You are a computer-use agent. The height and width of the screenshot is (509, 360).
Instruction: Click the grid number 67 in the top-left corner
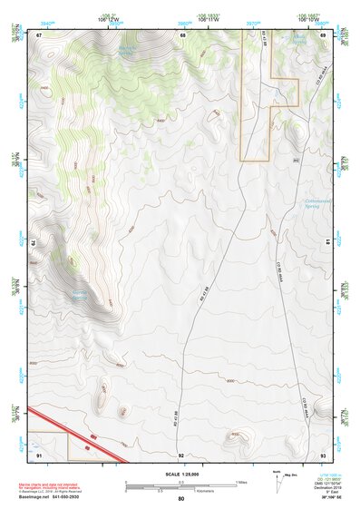pyautogui.click(x=39, y=35)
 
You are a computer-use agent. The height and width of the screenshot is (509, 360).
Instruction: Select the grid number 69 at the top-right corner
pyautogui.click(x=323, y=35)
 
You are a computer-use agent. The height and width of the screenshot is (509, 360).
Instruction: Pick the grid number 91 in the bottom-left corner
pyautogui.click(x=39, y=454)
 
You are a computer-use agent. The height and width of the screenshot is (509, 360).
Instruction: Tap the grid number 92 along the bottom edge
pyautogui.click(x=181, y=454)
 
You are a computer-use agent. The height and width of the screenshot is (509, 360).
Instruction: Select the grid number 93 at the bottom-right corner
pyautogui.click(x=323, y=454)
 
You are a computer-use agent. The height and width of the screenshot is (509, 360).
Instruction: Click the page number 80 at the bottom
pyautogui.click(x=181, y=498)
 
